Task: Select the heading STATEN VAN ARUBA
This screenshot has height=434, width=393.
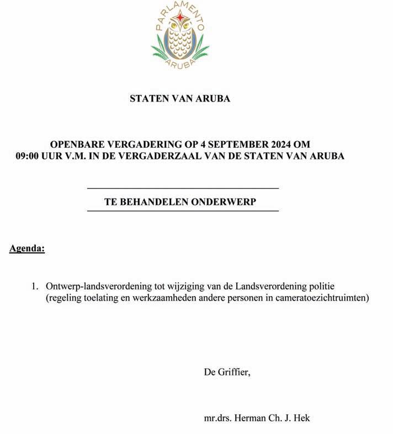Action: point(179,99)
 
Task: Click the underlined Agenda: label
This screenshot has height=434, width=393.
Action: point(27,249)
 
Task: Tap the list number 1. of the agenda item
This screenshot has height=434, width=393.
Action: point(35,287)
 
